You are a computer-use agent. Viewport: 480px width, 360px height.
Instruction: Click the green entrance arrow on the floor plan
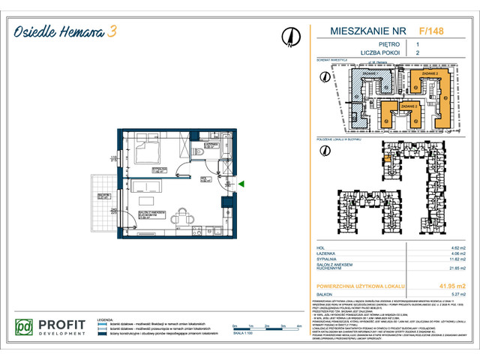pos(241,183)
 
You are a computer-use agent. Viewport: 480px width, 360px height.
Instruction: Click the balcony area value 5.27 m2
pos(457,295)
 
